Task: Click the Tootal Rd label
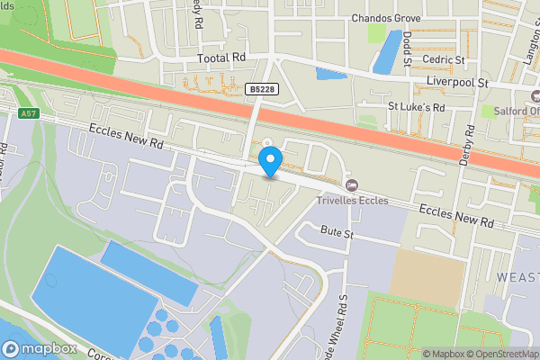[x=221, y=58]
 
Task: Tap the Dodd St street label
[x=408, y=50]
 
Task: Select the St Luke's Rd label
[x=416, y=106]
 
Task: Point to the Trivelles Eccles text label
[x=352, y=200]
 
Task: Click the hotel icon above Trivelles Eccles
[x=352, y=184]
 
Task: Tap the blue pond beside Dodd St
[x=388, y=51]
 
